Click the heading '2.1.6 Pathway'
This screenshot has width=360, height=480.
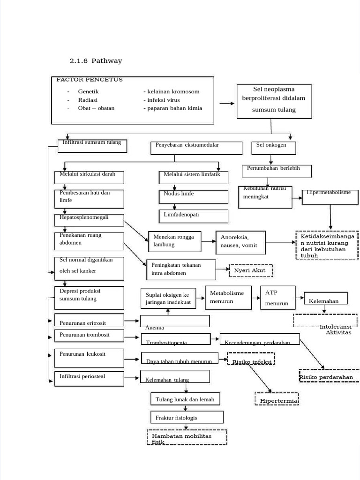(96, 61)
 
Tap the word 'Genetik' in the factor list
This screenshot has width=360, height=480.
(88, 92)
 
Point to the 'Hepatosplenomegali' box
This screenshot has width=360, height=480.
(89, 220)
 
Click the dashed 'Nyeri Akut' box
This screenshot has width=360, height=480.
(250, 270)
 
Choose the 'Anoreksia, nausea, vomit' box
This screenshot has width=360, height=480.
(240, 242)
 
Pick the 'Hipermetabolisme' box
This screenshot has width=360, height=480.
(330, 196)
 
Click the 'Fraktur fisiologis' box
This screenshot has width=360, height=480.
(187, 417)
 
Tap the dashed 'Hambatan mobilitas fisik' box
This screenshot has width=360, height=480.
(187, 437)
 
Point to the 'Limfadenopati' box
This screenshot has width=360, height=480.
(193, 216)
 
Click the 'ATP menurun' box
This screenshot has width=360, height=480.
(277, 298)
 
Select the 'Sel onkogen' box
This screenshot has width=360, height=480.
(274, 148)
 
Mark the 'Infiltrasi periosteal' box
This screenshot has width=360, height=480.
(89, 378)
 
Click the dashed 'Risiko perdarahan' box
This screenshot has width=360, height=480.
(328, 376)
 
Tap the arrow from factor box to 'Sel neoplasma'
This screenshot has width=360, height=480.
(227, 104)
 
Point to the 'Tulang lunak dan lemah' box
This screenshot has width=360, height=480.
(185, 399)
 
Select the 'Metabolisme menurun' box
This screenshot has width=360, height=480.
(228, 297)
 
